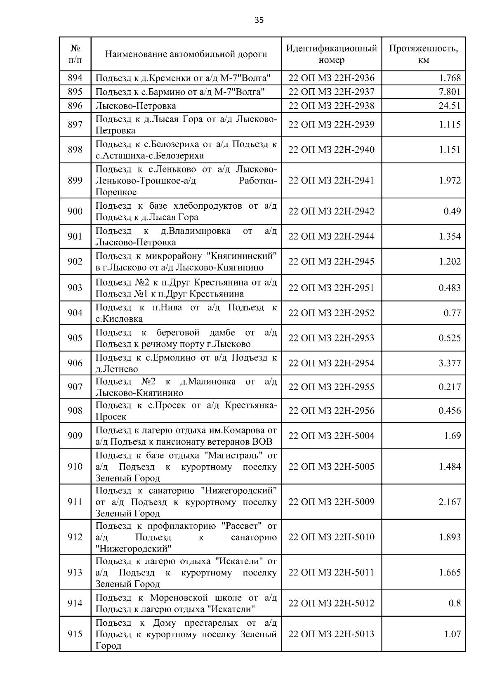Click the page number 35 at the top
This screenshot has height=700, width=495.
point(259,20)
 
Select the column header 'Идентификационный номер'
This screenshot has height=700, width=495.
point(332,54)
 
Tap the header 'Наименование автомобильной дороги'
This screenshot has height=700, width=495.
point(186,54)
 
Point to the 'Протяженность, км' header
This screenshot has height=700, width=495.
point(423,54)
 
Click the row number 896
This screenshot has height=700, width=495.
point(75,106)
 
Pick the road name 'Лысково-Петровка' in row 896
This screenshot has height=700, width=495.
point(136,106)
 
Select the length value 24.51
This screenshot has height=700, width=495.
point(449,106)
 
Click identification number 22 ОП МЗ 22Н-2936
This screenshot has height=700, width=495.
point(332,78)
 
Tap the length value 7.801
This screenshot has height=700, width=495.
point(449,92)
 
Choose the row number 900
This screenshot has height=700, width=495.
point(75,211)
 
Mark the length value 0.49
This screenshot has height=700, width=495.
point(452,211)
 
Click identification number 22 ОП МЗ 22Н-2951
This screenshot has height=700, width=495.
point(332,288)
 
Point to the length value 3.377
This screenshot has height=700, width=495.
point(449,363)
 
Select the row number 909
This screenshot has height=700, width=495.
point(75,436)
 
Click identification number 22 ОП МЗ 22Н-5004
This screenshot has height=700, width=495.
point(332,436)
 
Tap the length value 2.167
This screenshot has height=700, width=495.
point(449,502)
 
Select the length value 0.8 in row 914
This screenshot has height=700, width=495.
point(455,603)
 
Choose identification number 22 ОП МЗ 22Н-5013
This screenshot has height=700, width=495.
point(332,634)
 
